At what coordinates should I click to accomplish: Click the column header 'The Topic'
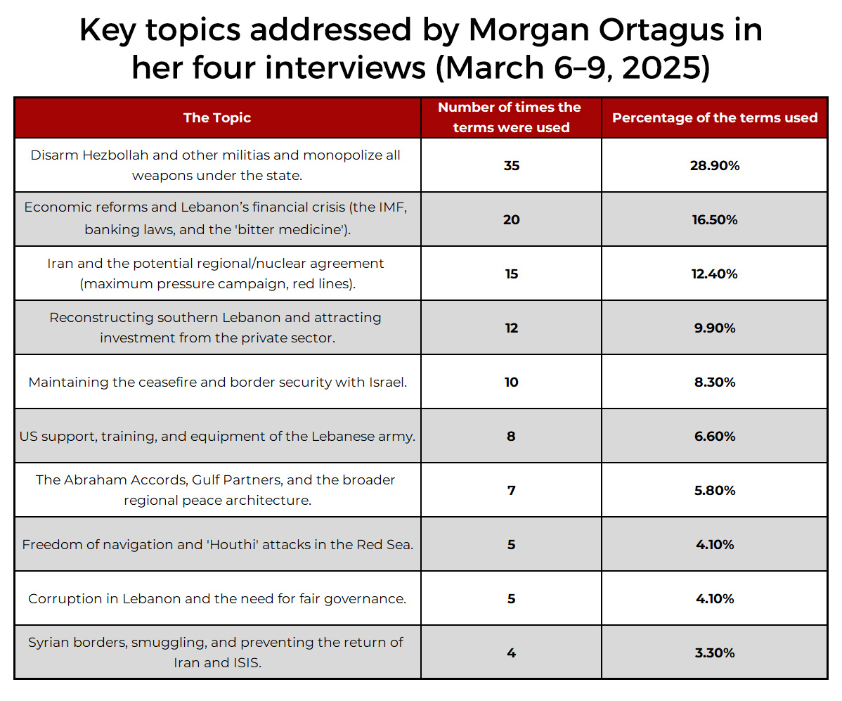pyautogui.click(x=216, y=117)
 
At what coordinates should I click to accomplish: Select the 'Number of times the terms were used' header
pyautogui.click(x=510, y=117)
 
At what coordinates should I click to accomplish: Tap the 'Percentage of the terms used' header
pyautogui.click(x=714, y=117)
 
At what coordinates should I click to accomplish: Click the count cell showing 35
pyautogui.click(x=511, y=166)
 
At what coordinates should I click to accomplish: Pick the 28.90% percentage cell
pyautogui.click(x=714, y=166)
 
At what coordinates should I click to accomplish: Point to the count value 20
pyautogui.click(x=511, y=220)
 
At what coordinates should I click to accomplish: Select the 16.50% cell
pyautogui.click(x=714, y=220)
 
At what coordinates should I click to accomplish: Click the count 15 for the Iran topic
pyautogui.click(x=511, y=274)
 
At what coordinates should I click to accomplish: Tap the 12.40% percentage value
pyautogui.click(x=714, y=274)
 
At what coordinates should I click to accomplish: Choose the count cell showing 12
pyautogui.click(x=511, y=328)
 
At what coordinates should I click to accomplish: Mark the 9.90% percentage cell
pyautogui.click(x=714, y=328)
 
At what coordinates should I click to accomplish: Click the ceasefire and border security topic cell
pyautogui.click(x=217, y=382)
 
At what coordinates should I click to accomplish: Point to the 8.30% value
pyautogui.click(x=714, y=382)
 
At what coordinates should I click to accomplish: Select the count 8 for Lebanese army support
pyautogui.click(x=511, y=437)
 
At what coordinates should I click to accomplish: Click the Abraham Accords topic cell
pyautogui.click(x=216, y=490)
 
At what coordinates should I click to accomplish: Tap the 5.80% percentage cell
pyautogui.click(x=714, y=491)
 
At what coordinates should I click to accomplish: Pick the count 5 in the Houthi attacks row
pyautogui.click(x=511, y=545)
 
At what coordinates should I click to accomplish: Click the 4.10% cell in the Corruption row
pyautogui.click(x=714, y=599)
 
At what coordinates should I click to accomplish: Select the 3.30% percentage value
pyautogui.click(x=714, y=653)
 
